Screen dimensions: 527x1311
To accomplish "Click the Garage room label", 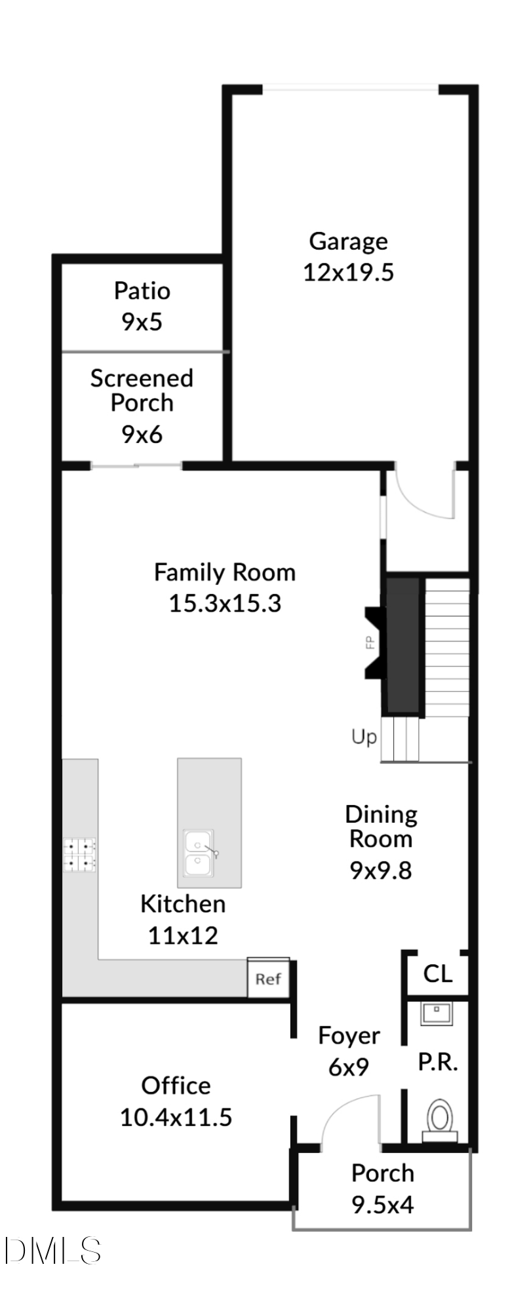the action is (348, 241).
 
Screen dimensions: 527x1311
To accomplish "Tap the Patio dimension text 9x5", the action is (142, 322).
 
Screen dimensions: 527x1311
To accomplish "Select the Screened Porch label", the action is (142, 390).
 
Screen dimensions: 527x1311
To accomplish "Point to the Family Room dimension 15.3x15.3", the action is (225, 603).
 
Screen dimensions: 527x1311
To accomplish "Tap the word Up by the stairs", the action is (364, 737).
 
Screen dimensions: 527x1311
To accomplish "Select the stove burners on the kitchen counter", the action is (79, 855).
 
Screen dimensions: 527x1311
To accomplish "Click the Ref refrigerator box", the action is (268, 979).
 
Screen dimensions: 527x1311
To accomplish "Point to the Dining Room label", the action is (381, 827).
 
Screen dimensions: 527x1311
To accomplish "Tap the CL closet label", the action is (438, 973).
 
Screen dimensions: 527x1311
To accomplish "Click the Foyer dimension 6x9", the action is (349, 1067).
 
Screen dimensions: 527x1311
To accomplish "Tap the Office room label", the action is (176, 1086).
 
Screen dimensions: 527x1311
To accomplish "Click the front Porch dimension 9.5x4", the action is (383, 1205).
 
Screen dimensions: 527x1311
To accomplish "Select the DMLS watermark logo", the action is (52, 1251).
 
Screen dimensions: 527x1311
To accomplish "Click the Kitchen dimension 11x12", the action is (183, 935).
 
